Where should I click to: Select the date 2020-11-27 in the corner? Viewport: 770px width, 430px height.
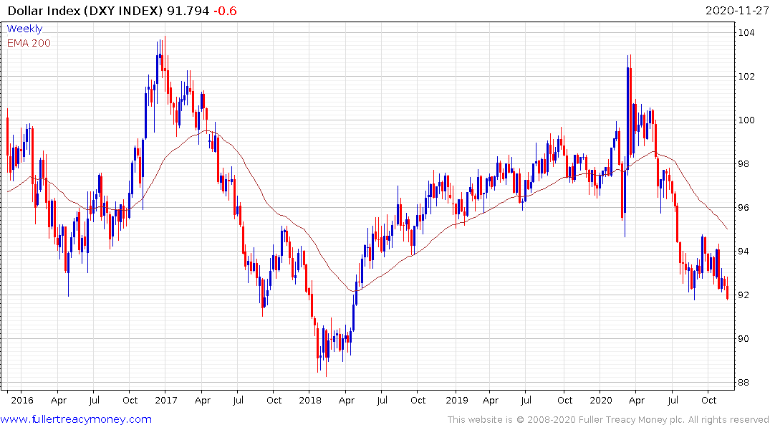(735, 11)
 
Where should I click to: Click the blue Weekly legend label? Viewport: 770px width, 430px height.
(24, 29)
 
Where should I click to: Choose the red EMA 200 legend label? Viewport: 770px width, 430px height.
(29, 42)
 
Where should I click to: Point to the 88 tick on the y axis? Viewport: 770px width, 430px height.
(746, 382)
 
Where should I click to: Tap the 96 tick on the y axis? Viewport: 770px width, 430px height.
(746, 207)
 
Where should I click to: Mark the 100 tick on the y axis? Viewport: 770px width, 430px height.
(749, 120)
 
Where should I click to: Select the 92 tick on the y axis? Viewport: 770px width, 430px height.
(746, 295)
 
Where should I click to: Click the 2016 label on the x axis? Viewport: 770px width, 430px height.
(22, 400)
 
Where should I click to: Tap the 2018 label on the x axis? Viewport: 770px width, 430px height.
(311, 400)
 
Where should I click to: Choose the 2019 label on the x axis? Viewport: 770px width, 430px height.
(456, 400)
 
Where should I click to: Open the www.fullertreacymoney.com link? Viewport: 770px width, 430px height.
(76, 419)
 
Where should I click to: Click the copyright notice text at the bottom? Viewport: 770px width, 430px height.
(608, 419)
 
